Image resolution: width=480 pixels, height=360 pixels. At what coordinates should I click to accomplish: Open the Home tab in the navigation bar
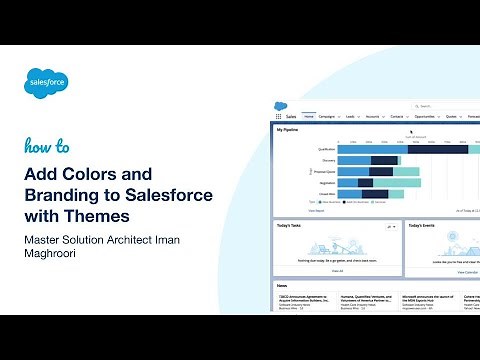pyautogui.click(x=309, y=116)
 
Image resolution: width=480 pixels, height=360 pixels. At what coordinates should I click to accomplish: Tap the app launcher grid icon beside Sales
pyautogui.click(x=279, y=116)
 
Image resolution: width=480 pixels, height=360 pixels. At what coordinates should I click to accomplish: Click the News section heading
pyautogui.click(x=284, y=285)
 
